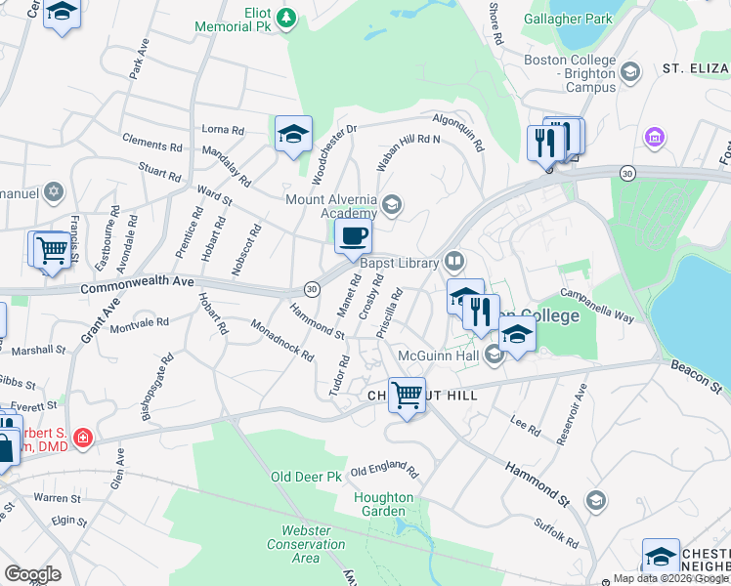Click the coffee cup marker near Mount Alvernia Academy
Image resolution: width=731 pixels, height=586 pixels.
[x=353, y=235]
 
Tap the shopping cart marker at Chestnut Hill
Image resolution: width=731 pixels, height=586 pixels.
[x=407, y=396]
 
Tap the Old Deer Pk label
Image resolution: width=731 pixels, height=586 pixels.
[x=306, y=477]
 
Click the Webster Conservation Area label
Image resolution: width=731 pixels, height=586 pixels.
[x=306, y=544]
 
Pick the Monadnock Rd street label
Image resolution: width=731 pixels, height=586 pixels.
[x=282, y=341]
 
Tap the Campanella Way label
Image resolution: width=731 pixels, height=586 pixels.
[x=597, y=305]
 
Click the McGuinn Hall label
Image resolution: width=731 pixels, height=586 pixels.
[x=437, y=355]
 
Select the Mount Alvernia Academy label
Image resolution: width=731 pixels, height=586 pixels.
[x=331, y=206]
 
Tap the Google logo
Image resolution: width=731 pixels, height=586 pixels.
[x=31, y=574]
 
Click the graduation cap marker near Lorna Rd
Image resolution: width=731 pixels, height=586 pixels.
[x=293, y=135]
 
